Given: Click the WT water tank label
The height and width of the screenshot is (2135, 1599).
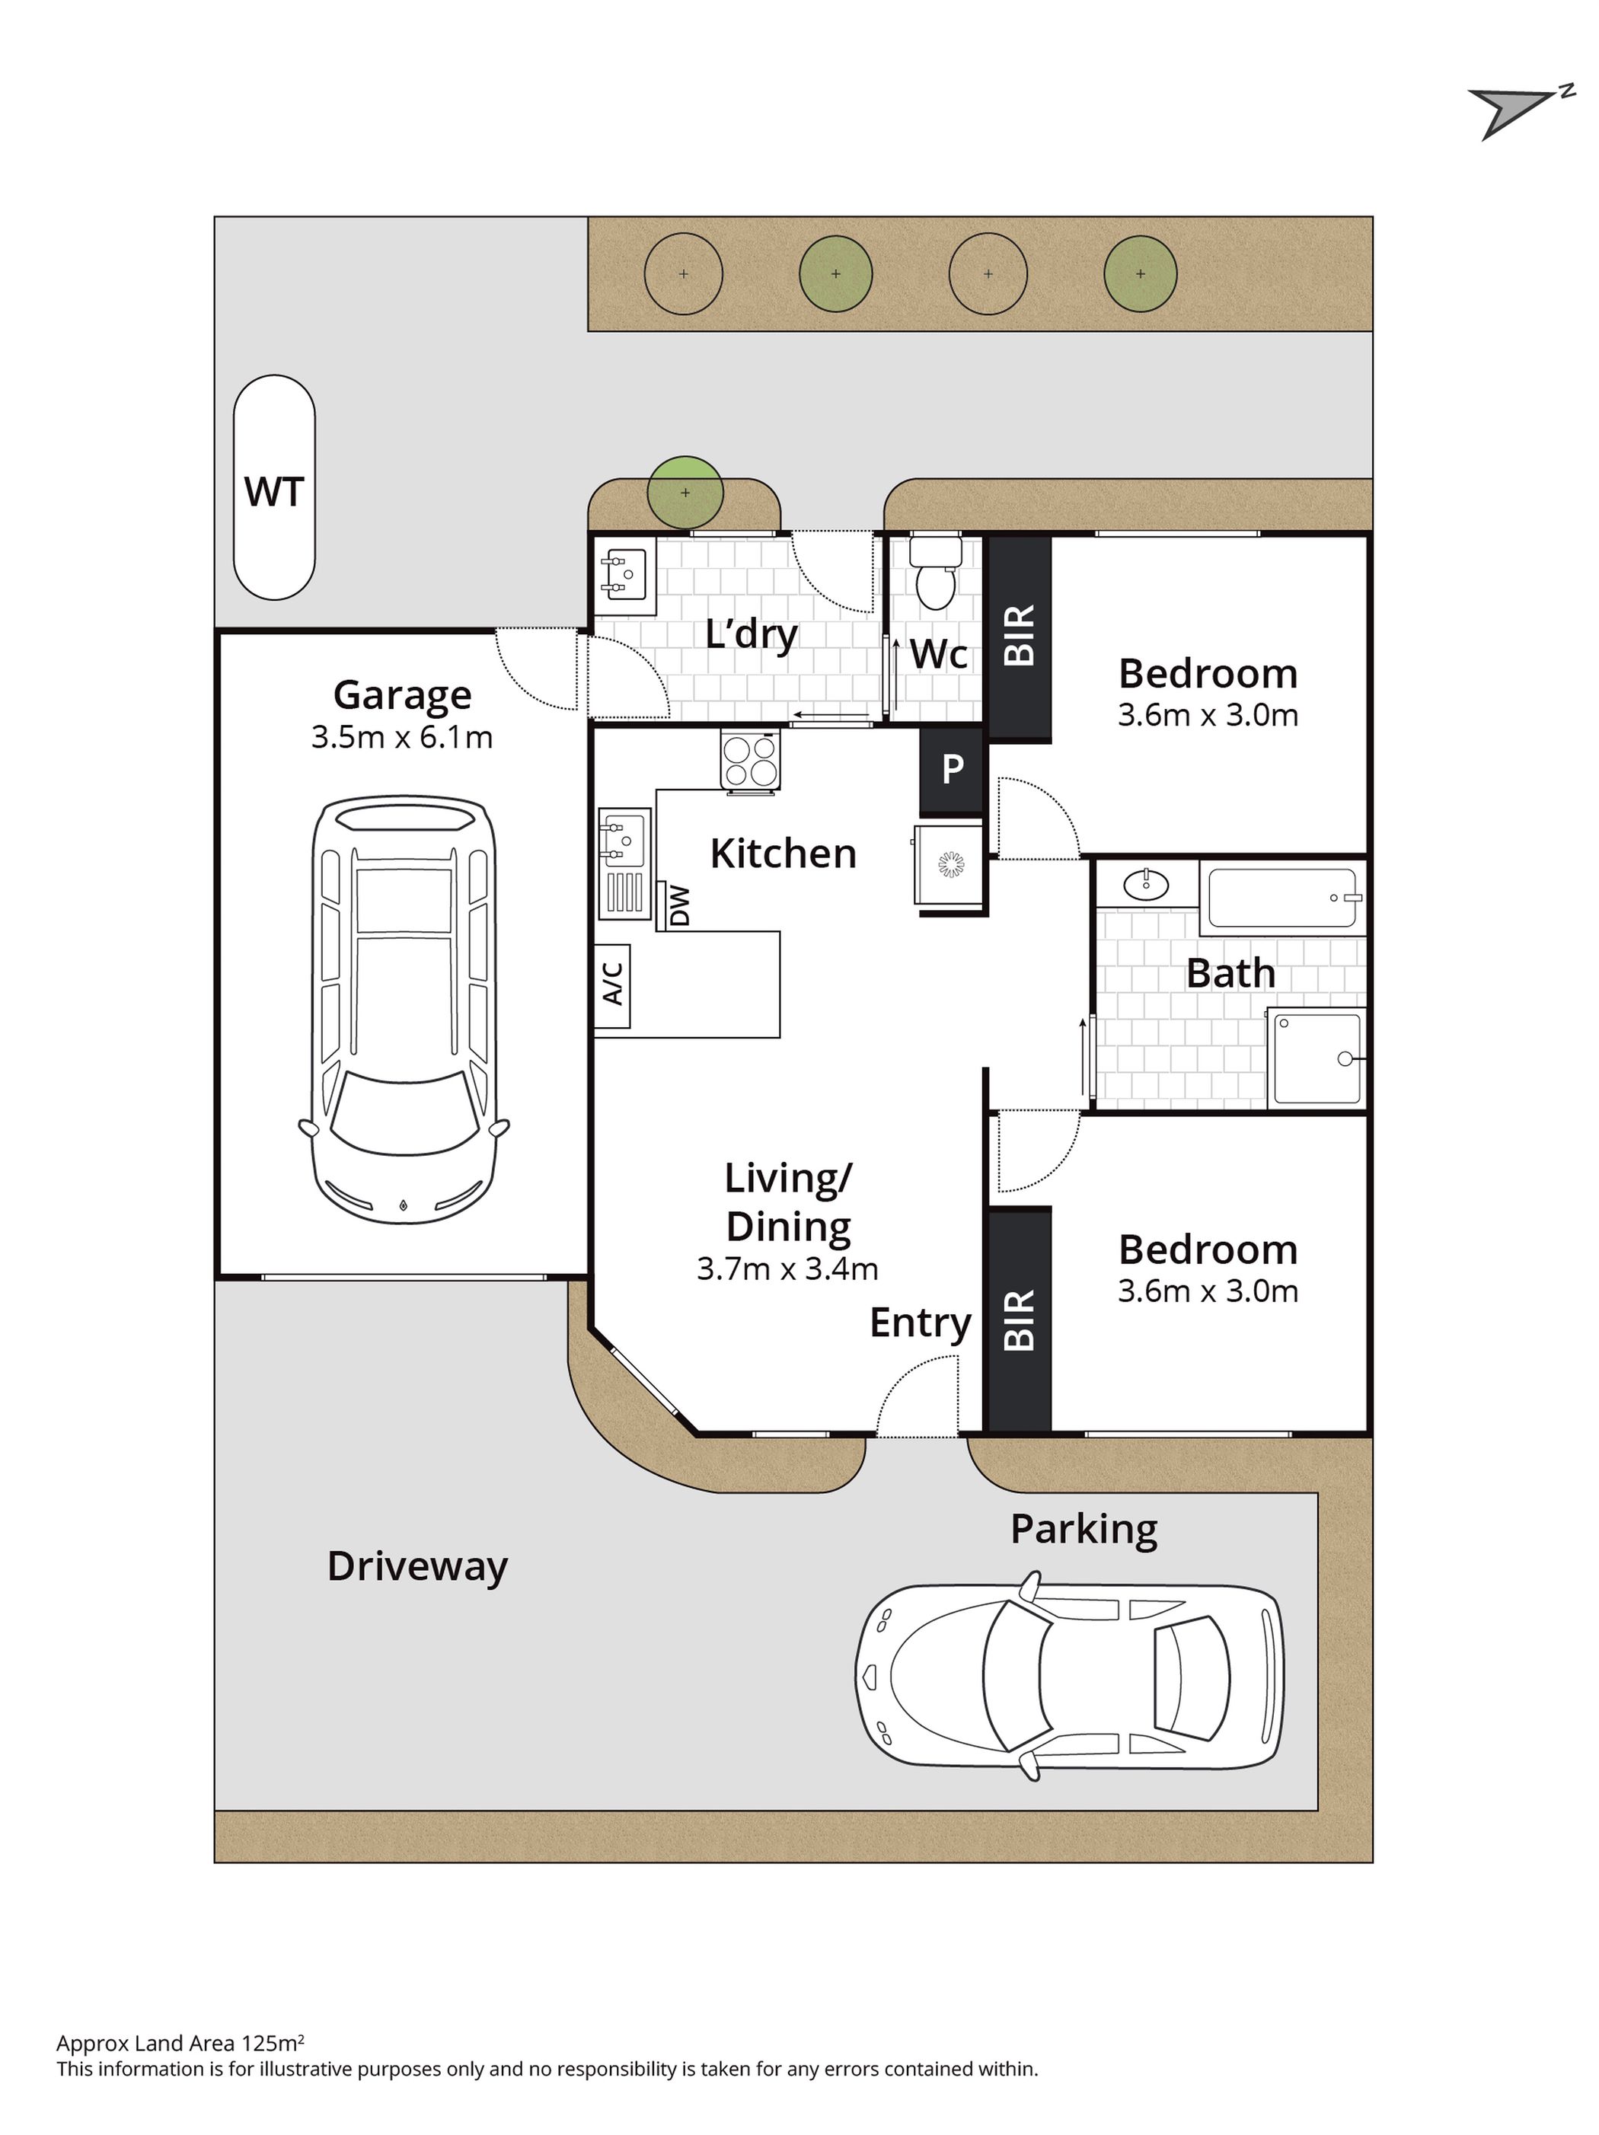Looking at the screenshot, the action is (274, 491).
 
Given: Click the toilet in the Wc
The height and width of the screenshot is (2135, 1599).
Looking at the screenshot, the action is (934, 573).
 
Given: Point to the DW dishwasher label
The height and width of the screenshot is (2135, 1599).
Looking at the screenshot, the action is (679, 905).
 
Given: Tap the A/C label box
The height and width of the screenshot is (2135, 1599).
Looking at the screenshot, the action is (612, 985).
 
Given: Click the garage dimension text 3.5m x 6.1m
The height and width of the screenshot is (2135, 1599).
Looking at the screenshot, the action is (401, 737).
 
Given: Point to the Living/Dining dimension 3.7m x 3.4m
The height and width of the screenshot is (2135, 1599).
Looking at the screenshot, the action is (787, 1269).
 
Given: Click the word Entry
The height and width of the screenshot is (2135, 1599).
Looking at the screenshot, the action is (920, 1323).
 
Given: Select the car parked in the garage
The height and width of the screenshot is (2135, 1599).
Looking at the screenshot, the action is (404, 1009).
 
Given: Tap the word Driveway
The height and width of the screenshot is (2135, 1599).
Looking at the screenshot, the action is (417, 1565).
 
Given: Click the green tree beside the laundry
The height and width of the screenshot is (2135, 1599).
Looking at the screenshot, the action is (685, 492).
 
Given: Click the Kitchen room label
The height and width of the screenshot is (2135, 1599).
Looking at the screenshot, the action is (783, 854).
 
